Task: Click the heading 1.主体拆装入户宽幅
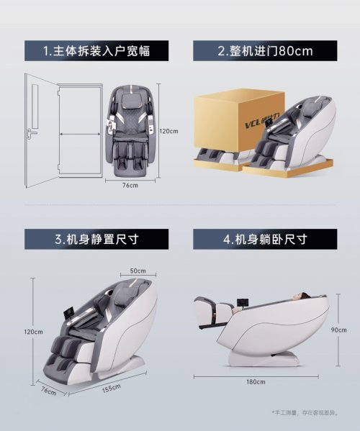96,51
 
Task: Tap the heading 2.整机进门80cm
265,51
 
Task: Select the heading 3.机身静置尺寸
96,239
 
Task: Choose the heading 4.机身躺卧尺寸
265,239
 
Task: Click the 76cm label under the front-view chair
130,185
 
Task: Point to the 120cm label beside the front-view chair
169,131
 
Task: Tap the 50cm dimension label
138,271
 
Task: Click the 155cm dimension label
112,389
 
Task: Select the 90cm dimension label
339,330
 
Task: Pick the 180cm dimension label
256,382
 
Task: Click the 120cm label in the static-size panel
33,332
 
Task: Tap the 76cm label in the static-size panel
49,391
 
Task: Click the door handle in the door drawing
32,133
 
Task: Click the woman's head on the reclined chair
300,296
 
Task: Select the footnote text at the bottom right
305,412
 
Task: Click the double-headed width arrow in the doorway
80,135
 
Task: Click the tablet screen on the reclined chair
241,302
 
